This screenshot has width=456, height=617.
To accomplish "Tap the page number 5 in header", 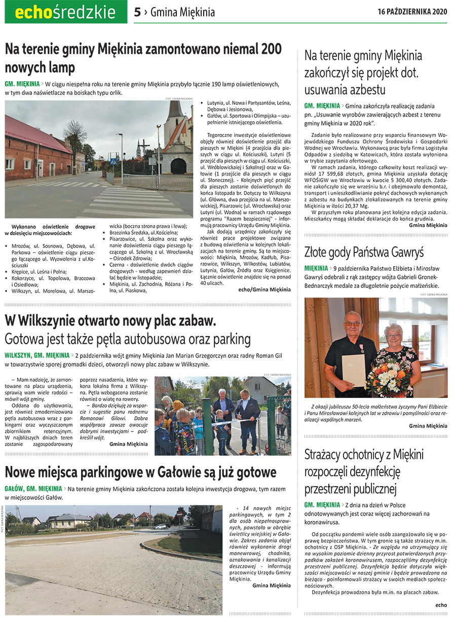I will point(137,12).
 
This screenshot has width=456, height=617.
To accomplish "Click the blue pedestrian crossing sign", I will point(113,161).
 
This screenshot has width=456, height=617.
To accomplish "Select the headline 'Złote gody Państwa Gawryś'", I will point(364,252).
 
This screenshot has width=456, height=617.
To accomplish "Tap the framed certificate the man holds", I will point(353,370).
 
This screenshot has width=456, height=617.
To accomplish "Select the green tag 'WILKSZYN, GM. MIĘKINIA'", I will point(37,355).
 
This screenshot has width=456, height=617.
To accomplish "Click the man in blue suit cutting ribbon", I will point(248,413).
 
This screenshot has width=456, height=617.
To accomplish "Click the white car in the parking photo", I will point(160,526).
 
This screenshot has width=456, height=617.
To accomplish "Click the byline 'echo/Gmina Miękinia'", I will point(264,289).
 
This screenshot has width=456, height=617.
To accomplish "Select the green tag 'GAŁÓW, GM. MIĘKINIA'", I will point(33,489).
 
